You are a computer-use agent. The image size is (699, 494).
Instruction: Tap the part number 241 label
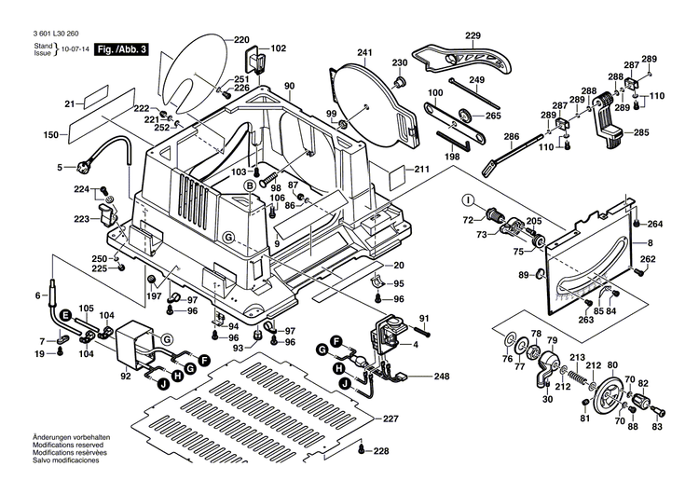pos(364,52)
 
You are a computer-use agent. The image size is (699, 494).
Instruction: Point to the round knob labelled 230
pos(401,83)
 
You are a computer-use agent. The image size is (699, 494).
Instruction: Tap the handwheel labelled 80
pos(611,395)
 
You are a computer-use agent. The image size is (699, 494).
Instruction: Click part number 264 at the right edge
pos(655,224)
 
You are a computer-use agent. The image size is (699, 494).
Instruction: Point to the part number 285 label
pos(641,133)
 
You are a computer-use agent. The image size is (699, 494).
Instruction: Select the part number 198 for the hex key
pos(453,157)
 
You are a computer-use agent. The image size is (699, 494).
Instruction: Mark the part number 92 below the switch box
pos(125,377)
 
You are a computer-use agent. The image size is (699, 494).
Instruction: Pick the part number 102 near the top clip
pos(279,48)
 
